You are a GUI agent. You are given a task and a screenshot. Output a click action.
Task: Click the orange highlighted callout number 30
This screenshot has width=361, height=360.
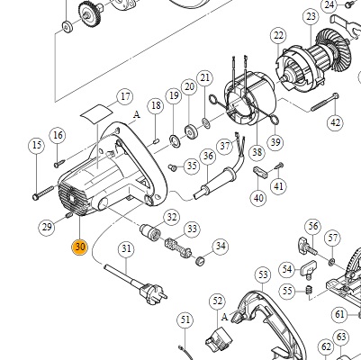(79, 247)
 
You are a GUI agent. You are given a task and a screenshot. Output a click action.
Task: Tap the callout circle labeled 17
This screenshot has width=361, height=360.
(125, 96)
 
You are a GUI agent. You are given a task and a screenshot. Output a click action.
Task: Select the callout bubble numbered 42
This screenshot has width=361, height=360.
(335, 122)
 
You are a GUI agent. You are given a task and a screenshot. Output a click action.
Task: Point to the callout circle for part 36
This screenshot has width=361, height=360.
(208, 156)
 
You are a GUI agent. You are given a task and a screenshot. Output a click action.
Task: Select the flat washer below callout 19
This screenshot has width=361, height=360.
(175, 140)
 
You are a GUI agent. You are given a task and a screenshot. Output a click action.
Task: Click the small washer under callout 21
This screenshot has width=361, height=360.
(206, 122)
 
